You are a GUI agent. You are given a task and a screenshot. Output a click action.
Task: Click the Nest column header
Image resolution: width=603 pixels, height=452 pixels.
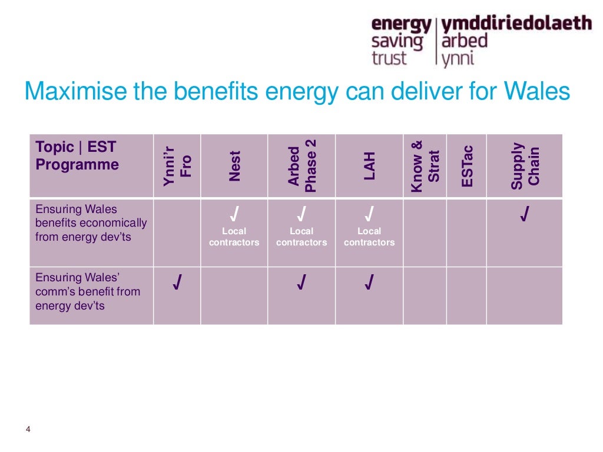234,166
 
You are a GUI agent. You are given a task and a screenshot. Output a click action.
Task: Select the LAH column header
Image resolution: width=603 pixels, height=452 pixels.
370,166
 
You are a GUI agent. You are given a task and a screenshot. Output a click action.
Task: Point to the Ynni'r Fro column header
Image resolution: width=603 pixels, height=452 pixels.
177,166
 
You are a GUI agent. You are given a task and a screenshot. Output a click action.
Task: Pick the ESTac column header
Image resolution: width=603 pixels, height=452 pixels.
467,166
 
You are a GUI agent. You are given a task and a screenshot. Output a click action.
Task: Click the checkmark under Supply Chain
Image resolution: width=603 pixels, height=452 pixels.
524,215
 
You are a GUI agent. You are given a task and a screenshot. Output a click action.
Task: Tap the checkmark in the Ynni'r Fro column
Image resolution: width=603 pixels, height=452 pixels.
177,284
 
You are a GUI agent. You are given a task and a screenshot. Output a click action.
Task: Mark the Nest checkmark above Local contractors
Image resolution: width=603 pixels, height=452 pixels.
234,213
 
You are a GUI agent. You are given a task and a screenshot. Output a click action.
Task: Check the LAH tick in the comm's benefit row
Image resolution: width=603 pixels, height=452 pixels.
369,284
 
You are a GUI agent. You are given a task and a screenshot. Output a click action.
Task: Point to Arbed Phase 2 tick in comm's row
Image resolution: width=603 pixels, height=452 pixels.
301,284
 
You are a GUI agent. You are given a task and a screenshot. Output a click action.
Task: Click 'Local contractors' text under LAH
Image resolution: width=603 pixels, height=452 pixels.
369,237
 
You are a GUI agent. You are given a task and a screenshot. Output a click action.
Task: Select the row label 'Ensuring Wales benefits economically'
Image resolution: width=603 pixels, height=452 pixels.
91,223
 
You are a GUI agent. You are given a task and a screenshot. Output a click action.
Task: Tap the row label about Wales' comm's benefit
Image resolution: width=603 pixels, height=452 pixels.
88,291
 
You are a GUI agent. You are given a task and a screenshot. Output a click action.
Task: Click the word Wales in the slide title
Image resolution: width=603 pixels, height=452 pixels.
537,92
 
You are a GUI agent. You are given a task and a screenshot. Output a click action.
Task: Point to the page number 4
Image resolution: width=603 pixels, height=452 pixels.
28,429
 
